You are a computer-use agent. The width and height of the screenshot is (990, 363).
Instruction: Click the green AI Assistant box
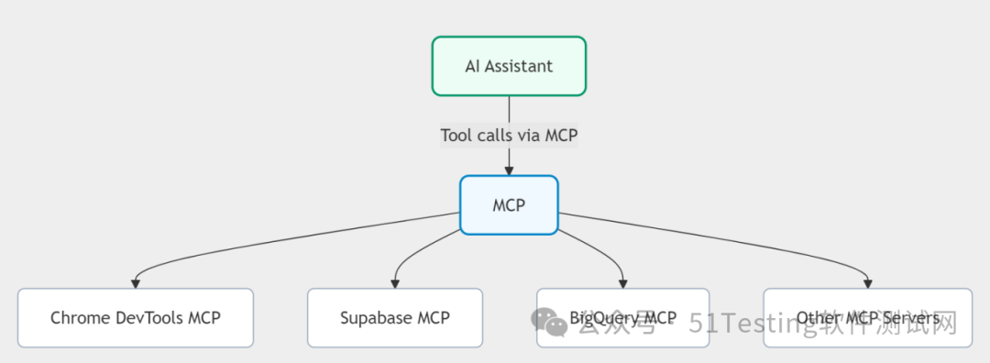pos(509,66)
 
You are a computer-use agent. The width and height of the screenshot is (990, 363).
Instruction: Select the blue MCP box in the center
pos(509,205)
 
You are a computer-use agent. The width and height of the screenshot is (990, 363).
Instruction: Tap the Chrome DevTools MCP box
pos(136,318)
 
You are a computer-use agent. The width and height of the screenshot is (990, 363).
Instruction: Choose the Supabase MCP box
pos(395,318)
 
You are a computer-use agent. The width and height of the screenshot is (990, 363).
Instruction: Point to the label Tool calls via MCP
pos(509,135)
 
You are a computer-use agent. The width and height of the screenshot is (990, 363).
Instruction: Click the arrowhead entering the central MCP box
pos(509,170)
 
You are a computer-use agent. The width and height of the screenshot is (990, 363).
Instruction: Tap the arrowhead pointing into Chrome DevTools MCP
pos(136,282)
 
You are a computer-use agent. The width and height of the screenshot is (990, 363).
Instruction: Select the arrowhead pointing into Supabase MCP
pos(395,282)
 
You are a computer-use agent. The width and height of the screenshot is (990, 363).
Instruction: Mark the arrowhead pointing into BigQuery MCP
pos(622,282)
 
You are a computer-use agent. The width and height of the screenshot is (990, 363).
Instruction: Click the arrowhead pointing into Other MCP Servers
pos(867,282)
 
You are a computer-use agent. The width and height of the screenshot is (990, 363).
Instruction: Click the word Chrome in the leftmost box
pos(80,318)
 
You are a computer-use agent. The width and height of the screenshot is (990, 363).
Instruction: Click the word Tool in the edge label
pos(456,135)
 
